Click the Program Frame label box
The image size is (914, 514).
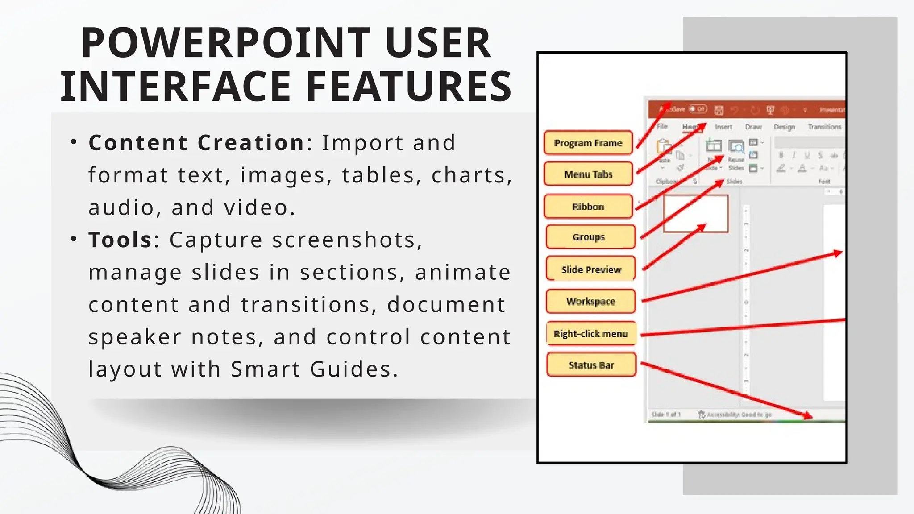pos(588,143)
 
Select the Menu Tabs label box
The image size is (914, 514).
pos(588,174)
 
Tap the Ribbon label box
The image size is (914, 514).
pos(588,207)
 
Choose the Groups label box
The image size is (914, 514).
pos(589,237)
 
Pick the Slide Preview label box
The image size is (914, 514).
pos(591,269)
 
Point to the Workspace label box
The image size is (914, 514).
pos(591,302)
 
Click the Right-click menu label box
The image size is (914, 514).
pos(591,334)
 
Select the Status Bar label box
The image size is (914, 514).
pos(591,365)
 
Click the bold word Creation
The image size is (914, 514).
pos(251,143)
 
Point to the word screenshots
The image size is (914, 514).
pos(347,240)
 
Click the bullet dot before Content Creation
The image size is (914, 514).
pos(74,142)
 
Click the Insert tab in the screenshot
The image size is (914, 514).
pos(723,127)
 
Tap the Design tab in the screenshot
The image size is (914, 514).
pos(784,127)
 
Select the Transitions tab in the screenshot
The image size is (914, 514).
pos(824,127)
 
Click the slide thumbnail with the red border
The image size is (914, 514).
pos(696,214)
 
